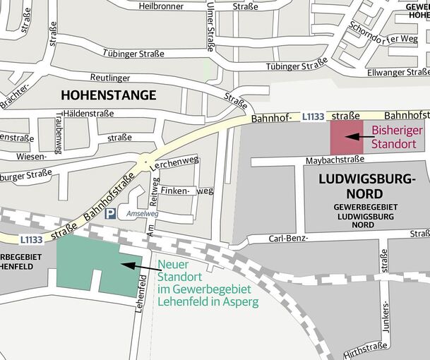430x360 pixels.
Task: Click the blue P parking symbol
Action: point(110,213)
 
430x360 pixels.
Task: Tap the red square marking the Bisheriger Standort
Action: point(347,137)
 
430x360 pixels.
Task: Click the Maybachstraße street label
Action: point(335,160)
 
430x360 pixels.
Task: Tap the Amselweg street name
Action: point(143,213)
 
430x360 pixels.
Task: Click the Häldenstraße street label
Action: point(88,113)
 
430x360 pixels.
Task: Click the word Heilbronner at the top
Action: point(162,6)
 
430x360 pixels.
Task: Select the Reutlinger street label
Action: point(112,77)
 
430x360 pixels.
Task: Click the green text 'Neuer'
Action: point(172,265)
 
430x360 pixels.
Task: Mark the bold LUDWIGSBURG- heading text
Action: point(367,179)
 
